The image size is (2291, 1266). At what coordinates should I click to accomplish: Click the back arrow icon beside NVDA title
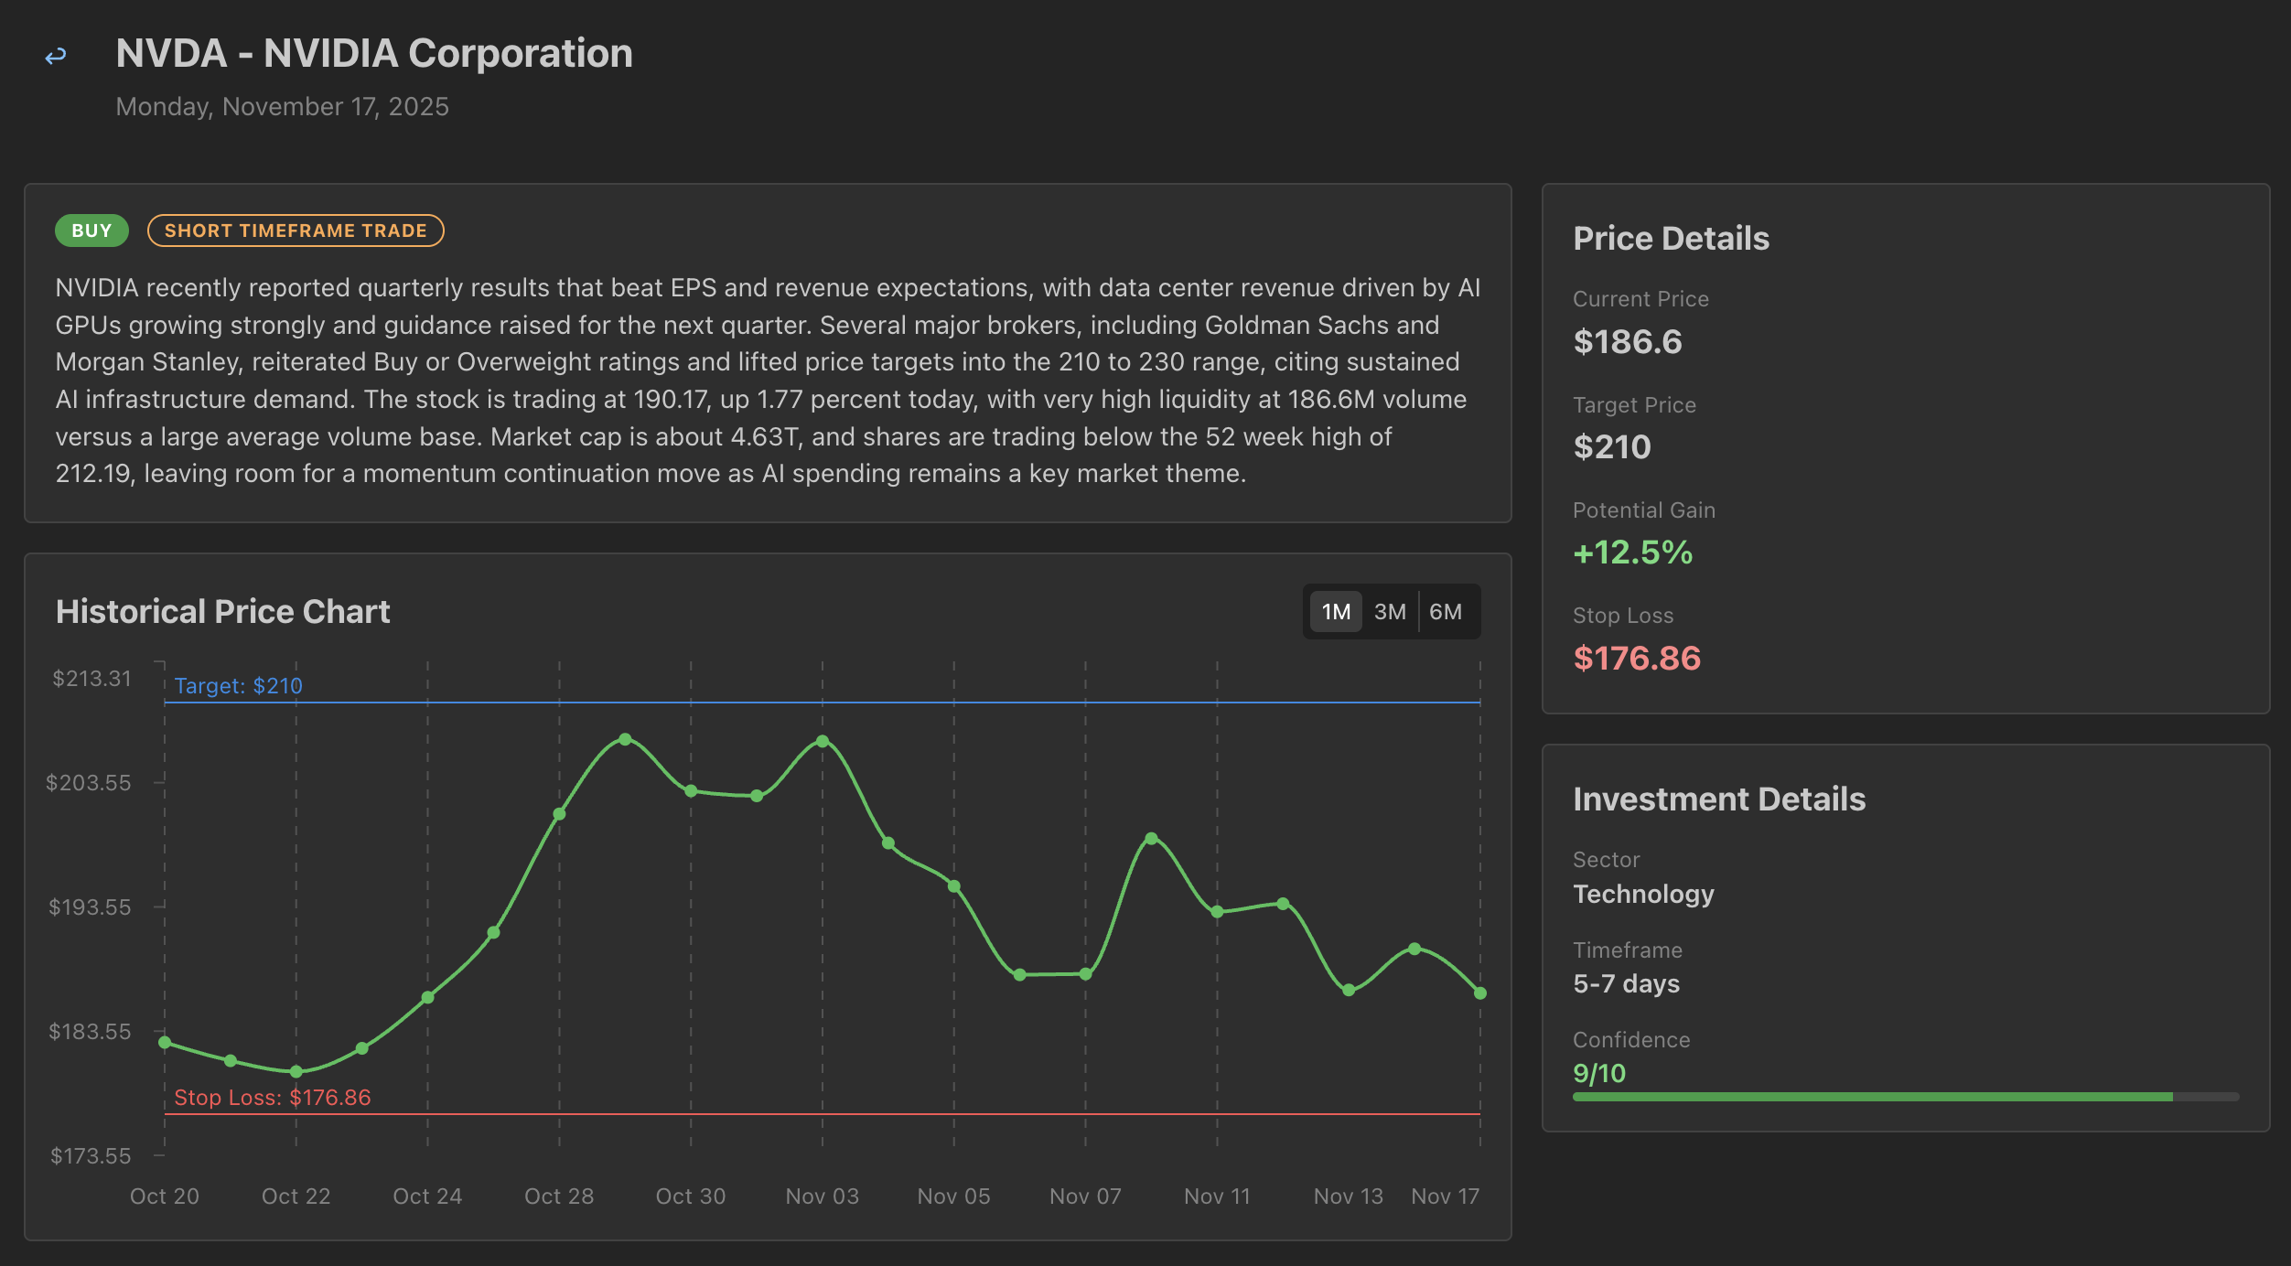(56, 57)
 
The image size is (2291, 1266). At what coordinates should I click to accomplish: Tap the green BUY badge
(91, 231)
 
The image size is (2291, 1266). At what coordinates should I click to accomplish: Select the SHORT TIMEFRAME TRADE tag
(296, 231)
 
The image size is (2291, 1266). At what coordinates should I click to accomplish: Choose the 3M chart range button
(1390, 612)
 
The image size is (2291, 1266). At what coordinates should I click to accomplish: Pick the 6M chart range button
(1446, 612)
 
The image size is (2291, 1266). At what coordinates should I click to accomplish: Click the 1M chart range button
(1336, 612)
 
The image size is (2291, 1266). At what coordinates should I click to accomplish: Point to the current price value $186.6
(1628, 342)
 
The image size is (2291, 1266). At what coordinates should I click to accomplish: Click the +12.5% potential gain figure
(1633, 553)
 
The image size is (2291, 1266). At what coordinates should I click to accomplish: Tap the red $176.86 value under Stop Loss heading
(1637, 659)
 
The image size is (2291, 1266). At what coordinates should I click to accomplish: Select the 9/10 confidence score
(1599, 1073)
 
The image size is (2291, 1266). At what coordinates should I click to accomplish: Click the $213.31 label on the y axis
(91, 679)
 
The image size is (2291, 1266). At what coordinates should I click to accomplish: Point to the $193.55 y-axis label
(90, 907)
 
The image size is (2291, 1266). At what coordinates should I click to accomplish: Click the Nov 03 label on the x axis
(823, 1196)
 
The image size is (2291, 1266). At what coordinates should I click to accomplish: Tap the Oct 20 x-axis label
(165, 1196)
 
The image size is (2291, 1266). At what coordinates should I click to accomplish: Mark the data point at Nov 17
(1480, 993)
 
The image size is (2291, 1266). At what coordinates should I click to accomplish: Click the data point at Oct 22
(296, 1072)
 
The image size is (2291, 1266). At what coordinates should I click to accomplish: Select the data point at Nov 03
(823, 742)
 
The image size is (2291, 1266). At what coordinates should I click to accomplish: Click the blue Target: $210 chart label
(238, 686)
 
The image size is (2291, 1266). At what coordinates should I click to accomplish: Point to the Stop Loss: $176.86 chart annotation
(273, 1098)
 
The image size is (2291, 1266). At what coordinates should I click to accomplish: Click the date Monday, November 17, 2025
(283, 107)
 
